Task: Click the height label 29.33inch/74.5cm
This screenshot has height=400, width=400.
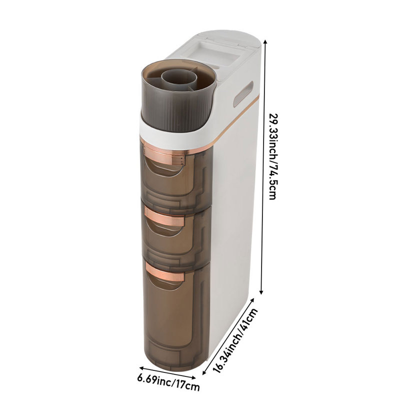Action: (273, 156)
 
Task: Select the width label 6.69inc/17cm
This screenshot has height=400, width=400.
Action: (168, 384)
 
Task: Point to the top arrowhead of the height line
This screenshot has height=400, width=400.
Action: (265, 42)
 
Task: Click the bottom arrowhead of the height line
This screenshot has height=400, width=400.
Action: (261, 292)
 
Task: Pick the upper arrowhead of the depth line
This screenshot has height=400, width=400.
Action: (253, 299)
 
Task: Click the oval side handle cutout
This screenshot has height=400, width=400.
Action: (243, 93)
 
